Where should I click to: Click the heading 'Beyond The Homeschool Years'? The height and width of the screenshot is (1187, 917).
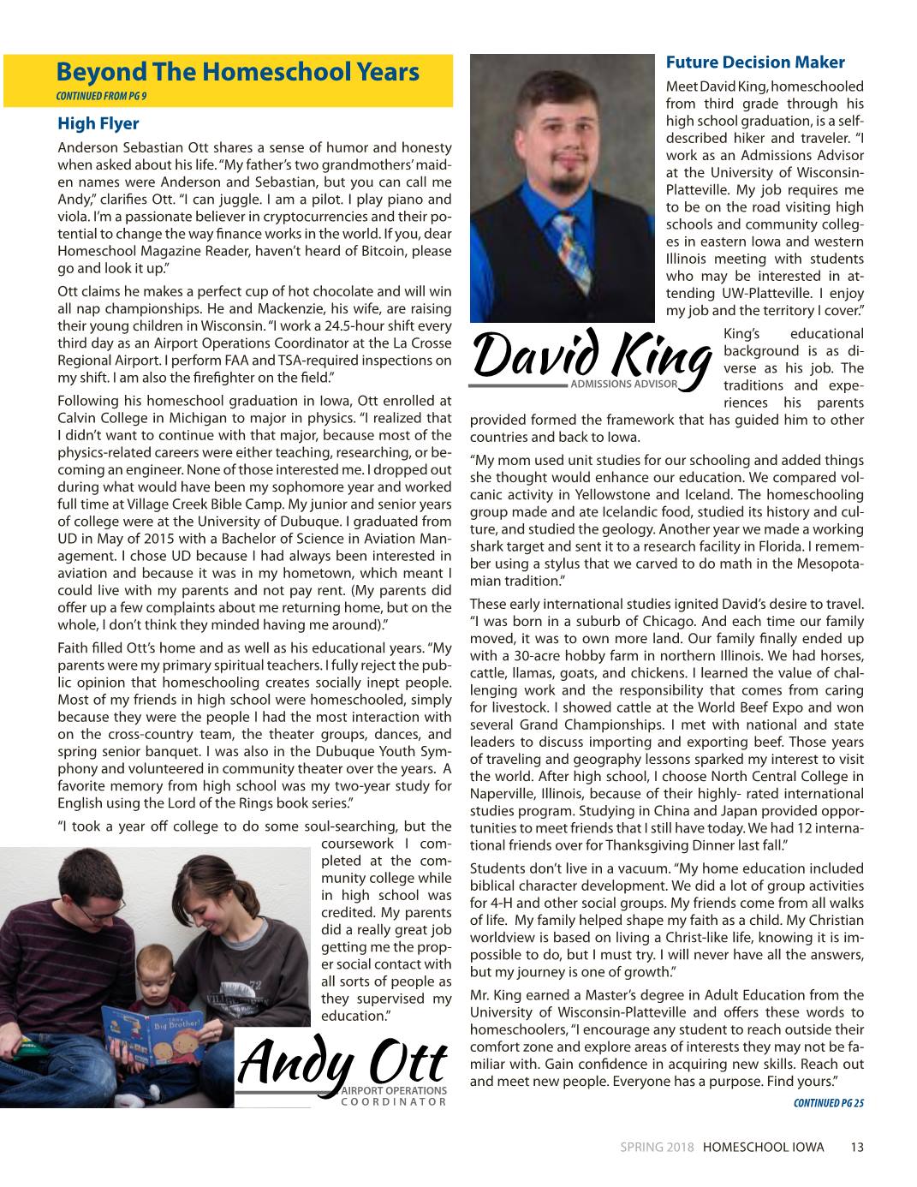coord(237,72)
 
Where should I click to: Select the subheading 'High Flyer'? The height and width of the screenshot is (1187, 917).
coord(98,124)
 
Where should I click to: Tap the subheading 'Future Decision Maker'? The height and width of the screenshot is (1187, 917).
coord(755,63)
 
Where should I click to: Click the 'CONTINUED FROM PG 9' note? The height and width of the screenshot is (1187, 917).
coord(106,94)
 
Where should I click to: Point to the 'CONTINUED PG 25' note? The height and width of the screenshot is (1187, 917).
coord(828,1103)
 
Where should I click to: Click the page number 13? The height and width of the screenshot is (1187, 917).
coord(856,1148)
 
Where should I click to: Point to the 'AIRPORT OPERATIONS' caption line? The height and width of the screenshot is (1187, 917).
coord(395,1090)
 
